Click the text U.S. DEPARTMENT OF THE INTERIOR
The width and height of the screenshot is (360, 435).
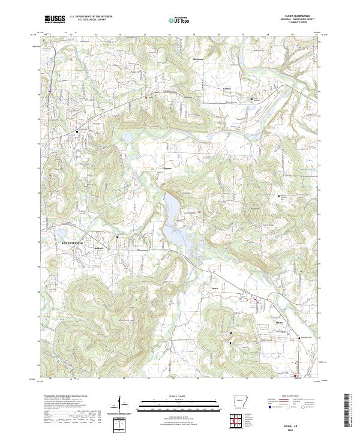point(90,17)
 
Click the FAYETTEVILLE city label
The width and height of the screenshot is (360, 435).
point(71,242)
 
